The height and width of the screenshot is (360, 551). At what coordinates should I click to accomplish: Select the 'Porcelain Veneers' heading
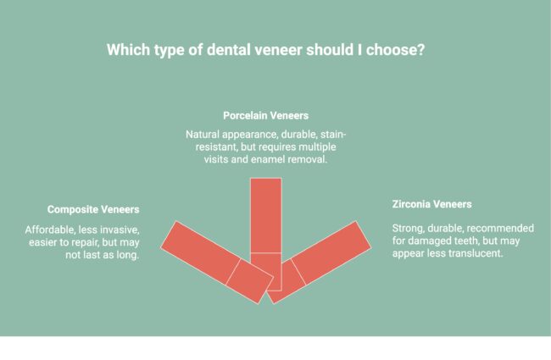[x=265, y=114]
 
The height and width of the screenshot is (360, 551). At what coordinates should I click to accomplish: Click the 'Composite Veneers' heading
[x=93, y=209]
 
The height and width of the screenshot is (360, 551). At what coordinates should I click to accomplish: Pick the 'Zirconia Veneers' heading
[x=431, y=204]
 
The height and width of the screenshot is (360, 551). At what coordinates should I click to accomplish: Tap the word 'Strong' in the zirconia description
[x=409, y=228]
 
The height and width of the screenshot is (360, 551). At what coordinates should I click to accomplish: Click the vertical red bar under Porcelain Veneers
[x=265, y=216]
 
